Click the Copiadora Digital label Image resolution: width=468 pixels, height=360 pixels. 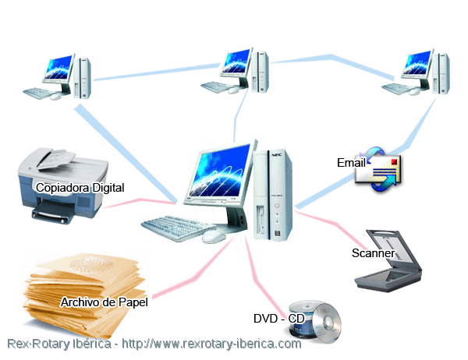click(x=80, y=188)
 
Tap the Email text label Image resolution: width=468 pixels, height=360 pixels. click(x=351, y=163)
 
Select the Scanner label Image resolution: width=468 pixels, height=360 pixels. click(x=373, y=253)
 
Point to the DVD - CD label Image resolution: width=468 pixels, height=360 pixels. click(x=278, y=319)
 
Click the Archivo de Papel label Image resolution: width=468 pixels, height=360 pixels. click(x=105, y=302)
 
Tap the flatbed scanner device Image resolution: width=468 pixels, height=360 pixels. click(x=388, y=261)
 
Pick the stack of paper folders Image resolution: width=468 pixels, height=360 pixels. click(x=85, y=295)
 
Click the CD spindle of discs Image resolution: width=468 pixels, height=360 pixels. click(x=315, y=321)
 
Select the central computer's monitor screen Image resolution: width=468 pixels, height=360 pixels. click(x=221, y=171)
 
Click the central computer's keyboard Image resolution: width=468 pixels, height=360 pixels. click(x=179, y=228)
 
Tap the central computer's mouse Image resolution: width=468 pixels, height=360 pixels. click(x=214, y=237)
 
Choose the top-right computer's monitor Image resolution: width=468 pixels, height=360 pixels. click(x=417, y=64)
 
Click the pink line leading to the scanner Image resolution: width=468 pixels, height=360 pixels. click(x=331, y=223)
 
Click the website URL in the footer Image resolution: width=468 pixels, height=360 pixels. click(x=211, y=344)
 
